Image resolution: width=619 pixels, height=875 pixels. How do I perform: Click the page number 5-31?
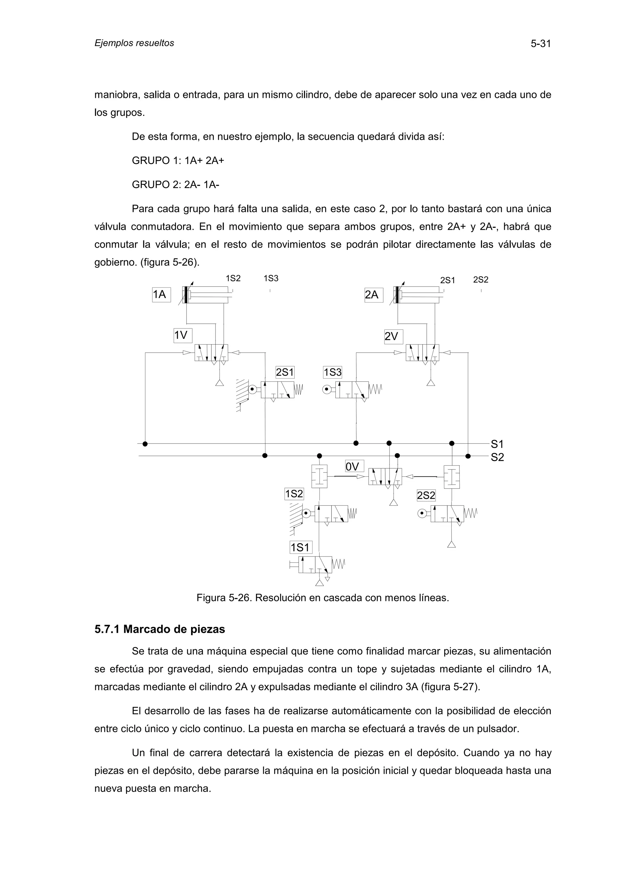pyautogui.click(x=540, y=44)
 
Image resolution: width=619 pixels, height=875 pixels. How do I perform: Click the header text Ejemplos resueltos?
pyautogui.click(x=134, y=43)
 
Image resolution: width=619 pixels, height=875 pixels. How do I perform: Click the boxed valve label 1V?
pyautogui.click(x=182, y=335)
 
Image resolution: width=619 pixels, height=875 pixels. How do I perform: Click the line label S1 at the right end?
pyautogui.click(x=497, y=444)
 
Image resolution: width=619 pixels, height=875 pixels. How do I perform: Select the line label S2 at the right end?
pyautogui.click(x=497, y=457)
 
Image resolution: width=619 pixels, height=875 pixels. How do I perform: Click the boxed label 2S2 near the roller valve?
pyautogui.click(x=426, y=495)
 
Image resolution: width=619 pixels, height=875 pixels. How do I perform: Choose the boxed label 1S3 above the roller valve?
pyautogui.click(x=332, y=372)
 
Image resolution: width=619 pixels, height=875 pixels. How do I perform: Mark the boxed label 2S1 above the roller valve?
pyautogui.click(x=285, y=372)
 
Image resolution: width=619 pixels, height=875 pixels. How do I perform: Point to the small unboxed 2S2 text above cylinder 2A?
pyautogui.click(x=481, y=280)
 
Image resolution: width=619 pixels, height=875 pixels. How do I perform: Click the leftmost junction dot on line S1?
pyautogui.click(x=145, y=444)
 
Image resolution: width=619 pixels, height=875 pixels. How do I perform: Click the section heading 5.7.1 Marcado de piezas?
pyautogui.click(x=159, y=629)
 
